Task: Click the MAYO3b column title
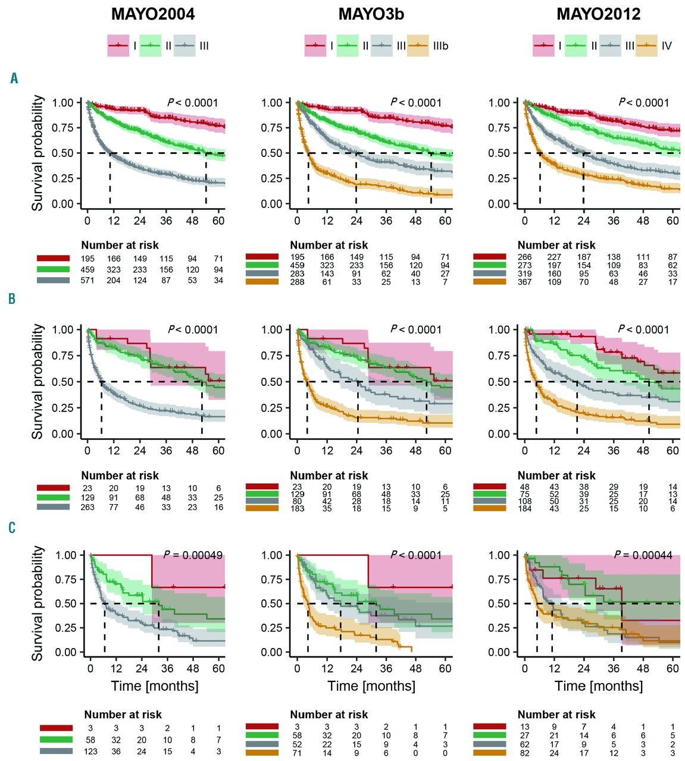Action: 371,14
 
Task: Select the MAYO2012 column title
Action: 599,14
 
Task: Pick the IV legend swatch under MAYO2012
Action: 646,46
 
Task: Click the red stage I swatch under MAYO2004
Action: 118,46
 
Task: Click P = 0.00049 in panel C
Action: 193,555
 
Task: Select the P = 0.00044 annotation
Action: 643,555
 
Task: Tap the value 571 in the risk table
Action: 87,281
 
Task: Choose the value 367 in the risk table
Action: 524,282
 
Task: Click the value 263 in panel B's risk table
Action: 87,508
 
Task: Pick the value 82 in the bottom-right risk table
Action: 524,753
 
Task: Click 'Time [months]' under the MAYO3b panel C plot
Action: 371,686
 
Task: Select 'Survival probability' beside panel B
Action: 37,381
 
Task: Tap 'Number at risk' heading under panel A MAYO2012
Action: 556,245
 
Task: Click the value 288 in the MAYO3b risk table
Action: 297,282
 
